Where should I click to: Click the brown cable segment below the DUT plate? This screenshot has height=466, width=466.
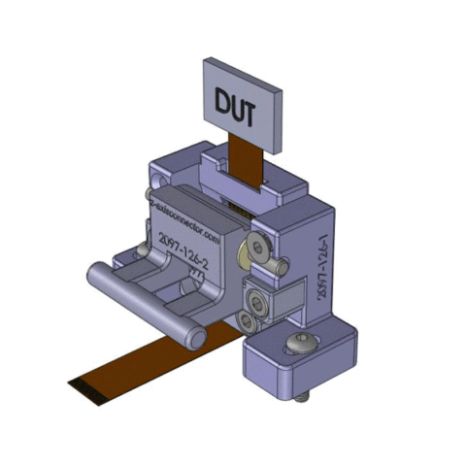pos(246,162)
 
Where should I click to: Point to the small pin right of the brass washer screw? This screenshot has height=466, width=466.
pos(280,264)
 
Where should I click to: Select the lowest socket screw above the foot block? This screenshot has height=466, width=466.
pos(255,319)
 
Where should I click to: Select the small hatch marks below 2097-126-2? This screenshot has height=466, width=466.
pos(197,275)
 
